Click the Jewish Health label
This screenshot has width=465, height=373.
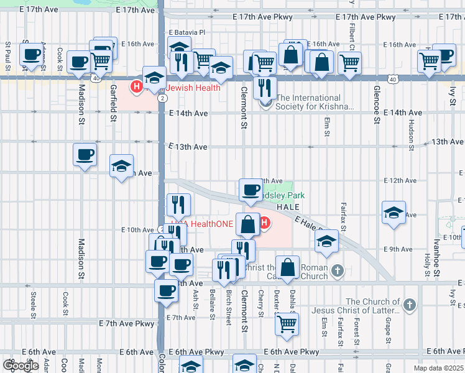click(x=193, y=88)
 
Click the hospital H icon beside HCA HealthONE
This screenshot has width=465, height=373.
click(x=264, y=222)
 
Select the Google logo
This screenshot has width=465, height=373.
click(x=21, y=366)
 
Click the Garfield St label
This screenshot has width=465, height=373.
click(x=114, y=103)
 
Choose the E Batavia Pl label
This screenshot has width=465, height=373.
click(x=186, y=32)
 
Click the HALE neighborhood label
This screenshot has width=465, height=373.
click(x=288, y=206)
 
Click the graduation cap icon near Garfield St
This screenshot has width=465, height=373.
click(x=122, y=165)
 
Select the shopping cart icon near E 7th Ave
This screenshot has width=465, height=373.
click(x=287, y=323)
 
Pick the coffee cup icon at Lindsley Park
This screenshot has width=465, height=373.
click(x=251, y=189)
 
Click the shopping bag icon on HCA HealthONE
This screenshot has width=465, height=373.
click(x=247, y=225)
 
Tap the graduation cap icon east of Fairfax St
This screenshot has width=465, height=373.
click(x=394, y=212)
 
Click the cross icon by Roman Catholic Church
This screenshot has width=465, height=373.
click(x=337, y=270)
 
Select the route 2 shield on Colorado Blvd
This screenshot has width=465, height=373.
click(x=162, y=98)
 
